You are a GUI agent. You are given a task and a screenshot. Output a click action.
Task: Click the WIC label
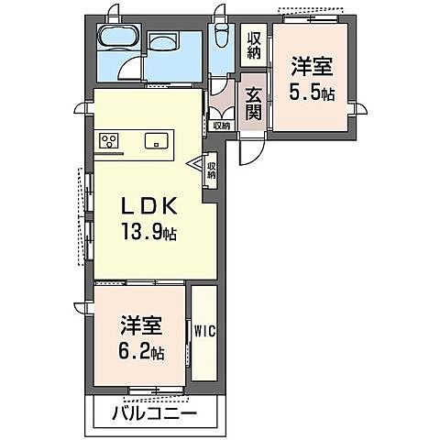[203, 331]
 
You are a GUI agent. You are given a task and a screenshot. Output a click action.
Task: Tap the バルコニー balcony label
[154, 412]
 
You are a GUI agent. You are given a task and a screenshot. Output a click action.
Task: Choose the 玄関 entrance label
[252, 104]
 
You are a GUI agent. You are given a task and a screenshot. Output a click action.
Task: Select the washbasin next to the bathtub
[167, 43]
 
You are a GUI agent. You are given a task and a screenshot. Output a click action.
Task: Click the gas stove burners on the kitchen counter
[110, 141]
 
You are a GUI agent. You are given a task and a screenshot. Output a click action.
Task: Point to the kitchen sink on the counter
[153, 141]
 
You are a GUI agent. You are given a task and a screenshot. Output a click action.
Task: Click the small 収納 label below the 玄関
[221, 126]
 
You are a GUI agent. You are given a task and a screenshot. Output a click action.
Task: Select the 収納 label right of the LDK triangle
[211, 170]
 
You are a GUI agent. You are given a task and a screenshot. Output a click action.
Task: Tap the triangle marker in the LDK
[196, 165]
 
